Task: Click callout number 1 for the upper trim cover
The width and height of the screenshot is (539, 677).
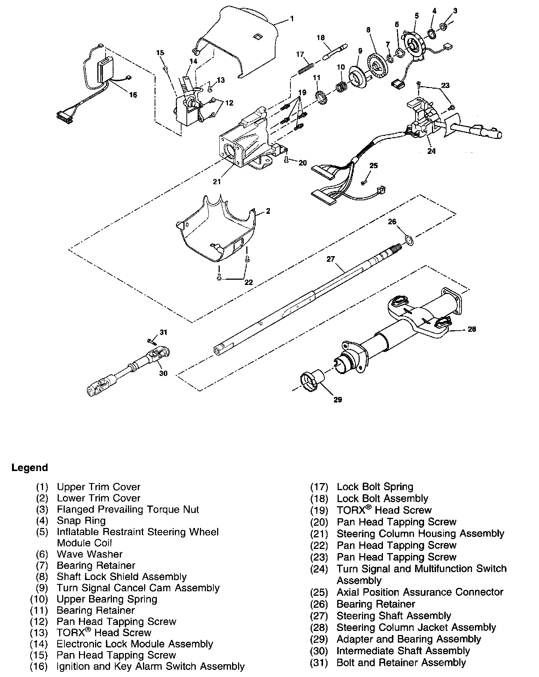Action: [292, 18]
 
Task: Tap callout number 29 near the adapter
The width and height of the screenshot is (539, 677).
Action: [338, 400]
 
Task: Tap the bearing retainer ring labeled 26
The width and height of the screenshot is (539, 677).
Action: [409, 240]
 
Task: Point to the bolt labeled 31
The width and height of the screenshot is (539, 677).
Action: [152, 341]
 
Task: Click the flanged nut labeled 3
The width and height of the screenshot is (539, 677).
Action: [444, 27]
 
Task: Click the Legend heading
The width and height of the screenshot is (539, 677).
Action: [30, 468]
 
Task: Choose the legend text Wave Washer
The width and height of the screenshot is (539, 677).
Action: [89, 554]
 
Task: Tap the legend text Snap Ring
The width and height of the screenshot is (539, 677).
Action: [81, 520]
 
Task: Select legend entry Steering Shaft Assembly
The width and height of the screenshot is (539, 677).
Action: [393, 616]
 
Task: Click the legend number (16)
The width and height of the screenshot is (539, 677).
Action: [39, 667]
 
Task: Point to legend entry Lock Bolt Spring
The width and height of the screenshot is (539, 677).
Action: [375, 487]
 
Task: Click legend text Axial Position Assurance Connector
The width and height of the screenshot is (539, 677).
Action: [420, 592]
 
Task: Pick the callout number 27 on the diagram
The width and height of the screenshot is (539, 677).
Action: [330, 259]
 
